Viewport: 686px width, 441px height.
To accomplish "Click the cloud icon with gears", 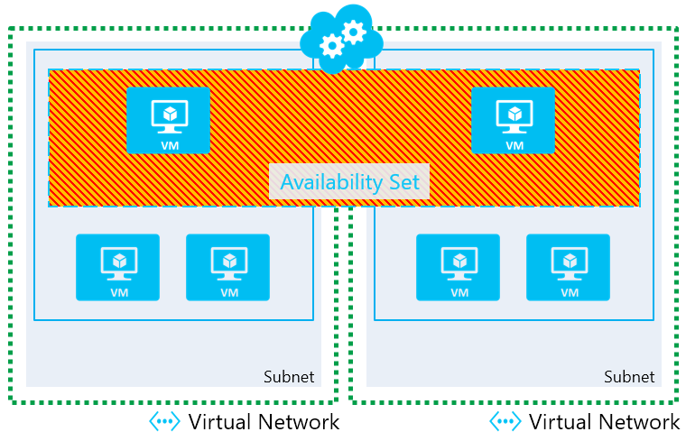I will click(x=342, y=38).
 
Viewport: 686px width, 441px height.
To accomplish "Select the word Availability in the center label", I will click(x=330, y=182).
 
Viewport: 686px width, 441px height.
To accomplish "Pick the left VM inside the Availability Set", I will click(x=168, y=120).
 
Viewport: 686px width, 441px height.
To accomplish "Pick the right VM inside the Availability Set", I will click(x=514, y=120).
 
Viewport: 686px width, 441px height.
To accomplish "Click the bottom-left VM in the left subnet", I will click(x=117, y=267).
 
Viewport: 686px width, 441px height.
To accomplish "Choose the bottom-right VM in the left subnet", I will click(x=228, y=267).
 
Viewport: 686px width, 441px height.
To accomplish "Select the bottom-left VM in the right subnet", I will click(x=459, y=267).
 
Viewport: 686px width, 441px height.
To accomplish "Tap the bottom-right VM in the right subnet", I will click(x=569, y=267).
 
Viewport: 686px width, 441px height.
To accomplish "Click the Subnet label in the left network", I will click(x=289, y=377).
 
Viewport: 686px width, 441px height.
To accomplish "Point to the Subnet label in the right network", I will click(x=629, y=377).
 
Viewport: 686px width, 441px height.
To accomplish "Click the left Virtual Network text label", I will click(x=264, y=422).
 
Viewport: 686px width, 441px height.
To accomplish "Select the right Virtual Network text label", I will click(x=604, y=422).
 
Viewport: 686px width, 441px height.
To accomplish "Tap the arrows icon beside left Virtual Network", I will click(x=164, y=422).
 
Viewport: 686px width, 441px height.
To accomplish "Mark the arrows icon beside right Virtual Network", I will click(x=505, y=422).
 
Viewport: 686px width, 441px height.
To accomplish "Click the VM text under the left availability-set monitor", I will click(x=168, y=145).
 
